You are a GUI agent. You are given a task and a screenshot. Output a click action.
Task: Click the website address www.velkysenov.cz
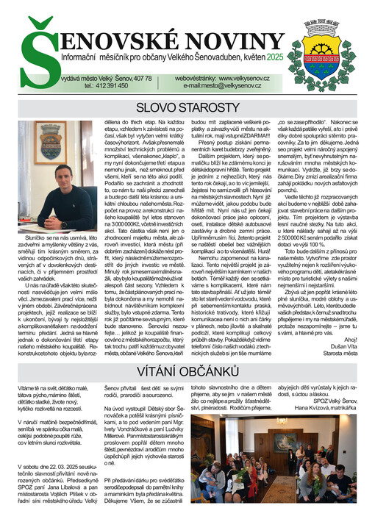click(x=235, y=77)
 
